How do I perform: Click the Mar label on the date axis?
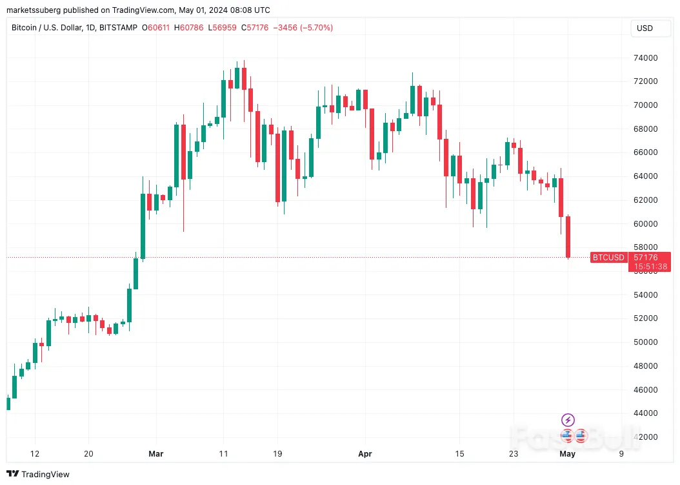pos(155,453)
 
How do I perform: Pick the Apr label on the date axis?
pos(365,453)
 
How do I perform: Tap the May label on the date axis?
pos(567,453)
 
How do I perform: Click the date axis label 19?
pos(277,453)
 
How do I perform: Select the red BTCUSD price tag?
pos(608,257)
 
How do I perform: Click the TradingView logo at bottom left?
pos(39,474)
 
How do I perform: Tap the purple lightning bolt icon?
pos(568,420)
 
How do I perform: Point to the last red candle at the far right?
pos(568,236)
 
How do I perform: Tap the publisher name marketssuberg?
pos(35,10)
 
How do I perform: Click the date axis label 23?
pos(514,453)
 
